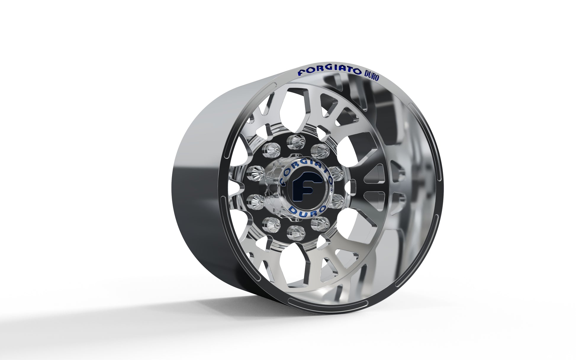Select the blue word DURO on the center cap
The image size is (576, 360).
point(308,210)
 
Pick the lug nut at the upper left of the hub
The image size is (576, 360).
point(270,150)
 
